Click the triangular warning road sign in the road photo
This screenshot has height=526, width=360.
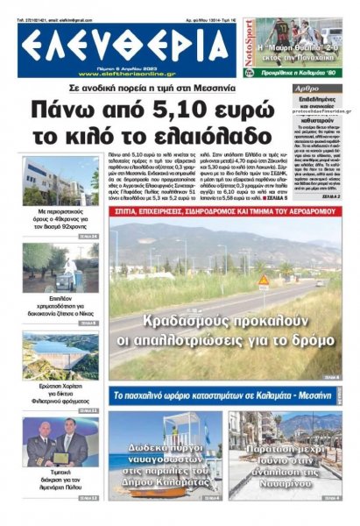point(263,281)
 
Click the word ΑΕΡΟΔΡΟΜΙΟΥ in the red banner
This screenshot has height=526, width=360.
point(306,212)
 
